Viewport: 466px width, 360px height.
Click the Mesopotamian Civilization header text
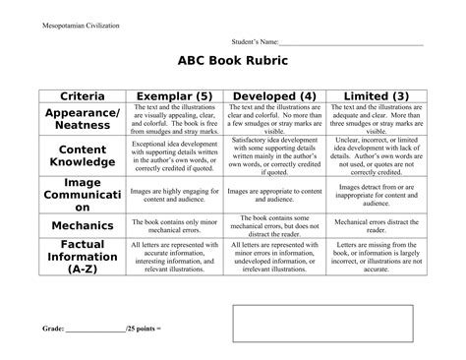coord(81,25)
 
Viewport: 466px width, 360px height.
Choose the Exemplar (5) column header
coord(173,96)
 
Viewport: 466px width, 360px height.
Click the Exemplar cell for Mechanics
coord(173,225)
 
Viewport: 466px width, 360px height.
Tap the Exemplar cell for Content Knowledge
coord(173,155)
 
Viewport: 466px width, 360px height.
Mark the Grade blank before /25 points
coord(96,326)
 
